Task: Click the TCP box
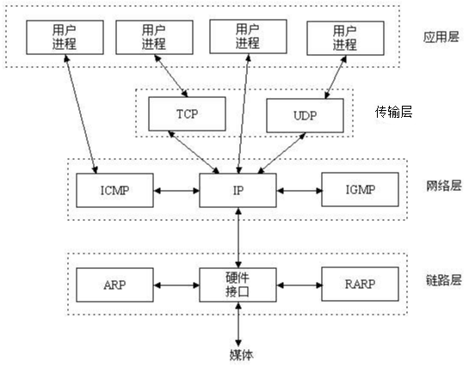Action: point(187,113)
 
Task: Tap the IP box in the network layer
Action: point(238,188)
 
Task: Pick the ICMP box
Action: point(115,188)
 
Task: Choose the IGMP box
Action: point(360,188)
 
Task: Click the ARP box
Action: point(115,283)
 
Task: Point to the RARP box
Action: point(360,283)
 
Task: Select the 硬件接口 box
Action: point(238,284)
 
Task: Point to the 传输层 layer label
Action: point(394,112)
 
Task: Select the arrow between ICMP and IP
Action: point(176,188)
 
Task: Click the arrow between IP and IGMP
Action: point(299,188)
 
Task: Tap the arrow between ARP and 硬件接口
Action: point(176,283)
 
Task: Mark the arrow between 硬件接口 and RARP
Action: point(299,283)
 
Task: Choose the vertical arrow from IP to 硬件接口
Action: point(238,236)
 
